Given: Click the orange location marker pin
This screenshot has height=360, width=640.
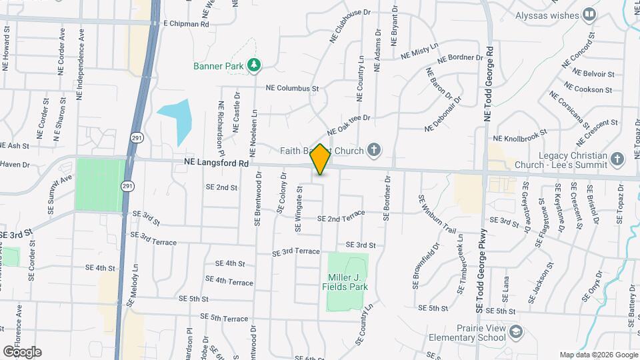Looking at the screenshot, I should point(321,159).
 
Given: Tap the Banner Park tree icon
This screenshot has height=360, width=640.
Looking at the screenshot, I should point(253,65).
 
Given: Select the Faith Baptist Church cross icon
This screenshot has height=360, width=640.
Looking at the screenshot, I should point(374,149).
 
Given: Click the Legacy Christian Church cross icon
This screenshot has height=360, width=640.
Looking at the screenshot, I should point(617,159).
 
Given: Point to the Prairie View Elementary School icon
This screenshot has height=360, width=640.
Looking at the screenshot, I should point(516,331).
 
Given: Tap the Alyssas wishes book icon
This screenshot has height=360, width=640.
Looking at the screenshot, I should point(589,14).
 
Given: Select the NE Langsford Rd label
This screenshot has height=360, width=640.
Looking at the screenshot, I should point(216,163).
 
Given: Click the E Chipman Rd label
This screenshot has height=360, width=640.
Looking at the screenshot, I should point(186,23).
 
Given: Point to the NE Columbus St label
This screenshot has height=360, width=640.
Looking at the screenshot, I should point(293,87).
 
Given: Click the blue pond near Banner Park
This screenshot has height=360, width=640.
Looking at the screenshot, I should point(176,120).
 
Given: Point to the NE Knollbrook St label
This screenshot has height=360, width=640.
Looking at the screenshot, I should point(519,138).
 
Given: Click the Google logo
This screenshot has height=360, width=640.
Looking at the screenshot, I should point(22,351).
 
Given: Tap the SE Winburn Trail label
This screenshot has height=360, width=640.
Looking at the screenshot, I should point(437,214).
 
